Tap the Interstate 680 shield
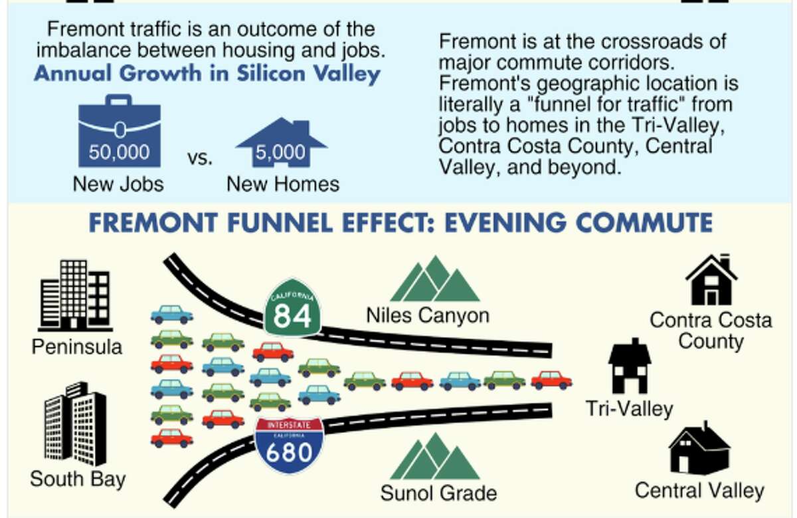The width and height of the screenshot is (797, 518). [x=289, y=446]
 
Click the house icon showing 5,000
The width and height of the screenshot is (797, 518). [x=282, y=144]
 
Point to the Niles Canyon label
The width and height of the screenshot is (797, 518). [x=428, y=315]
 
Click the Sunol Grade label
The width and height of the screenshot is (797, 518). [x=438, y=493]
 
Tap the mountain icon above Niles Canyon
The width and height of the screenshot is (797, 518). [x=435, y=280]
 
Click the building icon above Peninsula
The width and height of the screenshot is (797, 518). [x=74, y=295]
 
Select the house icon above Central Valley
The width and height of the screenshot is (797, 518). [x=699, y=450]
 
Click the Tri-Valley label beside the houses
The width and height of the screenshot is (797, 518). [x=629, y=408]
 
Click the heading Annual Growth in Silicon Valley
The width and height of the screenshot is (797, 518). [x=207, y=72]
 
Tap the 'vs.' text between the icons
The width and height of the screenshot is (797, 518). [x=200, y=158]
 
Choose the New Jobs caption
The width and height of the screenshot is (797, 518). [x=118, y=184]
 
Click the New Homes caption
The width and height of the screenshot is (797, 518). [x=283, y=184]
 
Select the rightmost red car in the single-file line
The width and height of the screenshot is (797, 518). [x=551, y=380]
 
